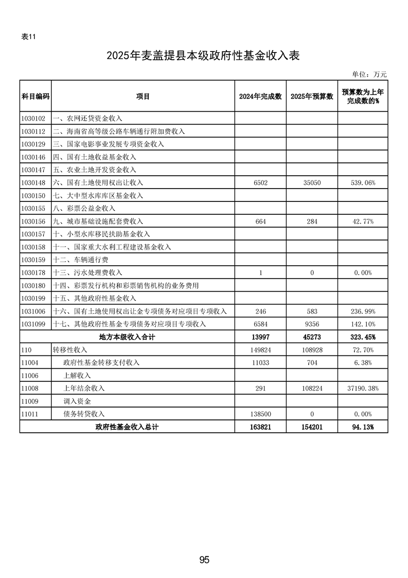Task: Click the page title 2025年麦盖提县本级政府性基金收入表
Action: click(x=204, y=56)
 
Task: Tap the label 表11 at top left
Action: click(x=28, y=37)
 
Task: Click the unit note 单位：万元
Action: click(x=369, y=75)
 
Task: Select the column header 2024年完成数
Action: click(x=260, y=96)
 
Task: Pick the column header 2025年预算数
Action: click(x=312, y=96)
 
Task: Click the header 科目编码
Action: click(x=36, y=96)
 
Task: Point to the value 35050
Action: click(x=312, y=183)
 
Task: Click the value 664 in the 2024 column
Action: click(x=260, y=222)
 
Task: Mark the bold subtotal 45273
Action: click(x=312, y=337)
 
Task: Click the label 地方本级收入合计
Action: click(x=127, y=337)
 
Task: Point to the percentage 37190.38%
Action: click(x=363, y=388)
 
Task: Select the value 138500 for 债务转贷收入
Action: click(x=260, y=414)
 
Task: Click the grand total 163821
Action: click(x=260, y=427)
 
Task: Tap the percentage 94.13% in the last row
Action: click(x=363, y=427)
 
